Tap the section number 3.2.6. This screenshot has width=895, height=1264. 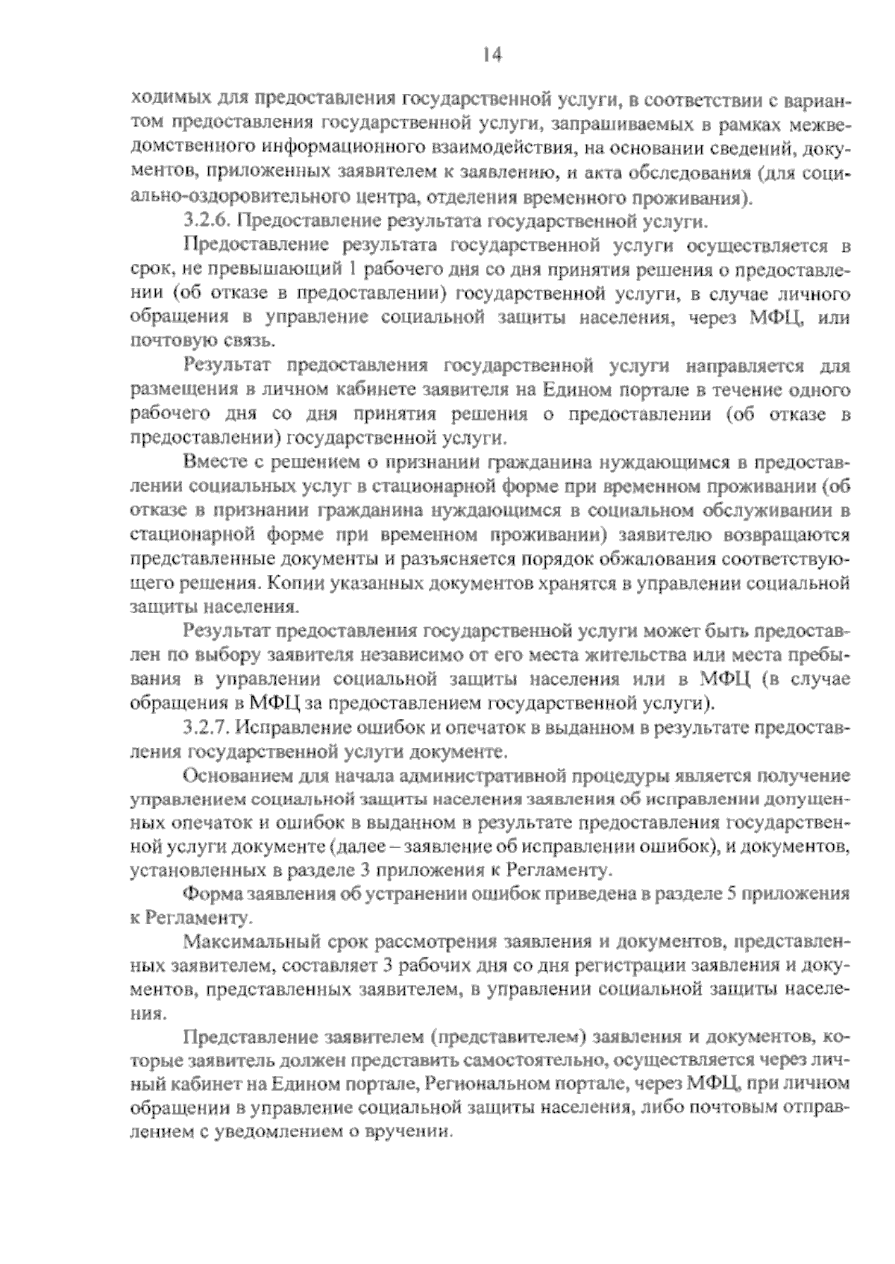pos(206,221)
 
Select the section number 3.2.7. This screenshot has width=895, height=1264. pos(206,727)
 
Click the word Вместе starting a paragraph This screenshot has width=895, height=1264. pos(214,463)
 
